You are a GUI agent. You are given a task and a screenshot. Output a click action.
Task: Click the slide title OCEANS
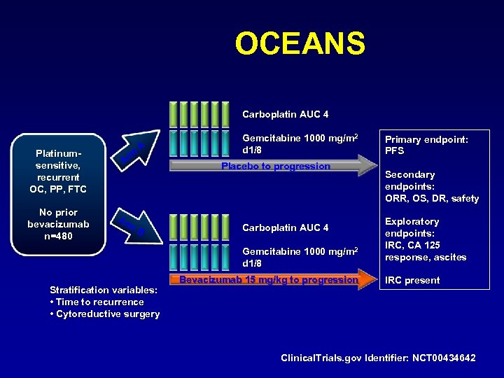[x=300, y=43]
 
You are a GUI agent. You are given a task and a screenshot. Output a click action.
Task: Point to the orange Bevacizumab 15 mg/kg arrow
[x=269, y=280]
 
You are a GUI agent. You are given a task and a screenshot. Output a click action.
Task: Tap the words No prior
[x=59, y=212]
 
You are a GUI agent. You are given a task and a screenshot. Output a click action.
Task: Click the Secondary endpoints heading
[x=410, y=180]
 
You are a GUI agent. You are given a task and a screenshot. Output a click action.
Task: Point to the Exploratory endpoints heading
[x=412, y=227]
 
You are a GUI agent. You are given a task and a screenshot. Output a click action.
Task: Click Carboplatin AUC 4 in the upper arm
[x=285, y=114]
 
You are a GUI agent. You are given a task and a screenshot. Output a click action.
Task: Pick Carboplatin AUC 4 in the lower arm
[x=285, y=228]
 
